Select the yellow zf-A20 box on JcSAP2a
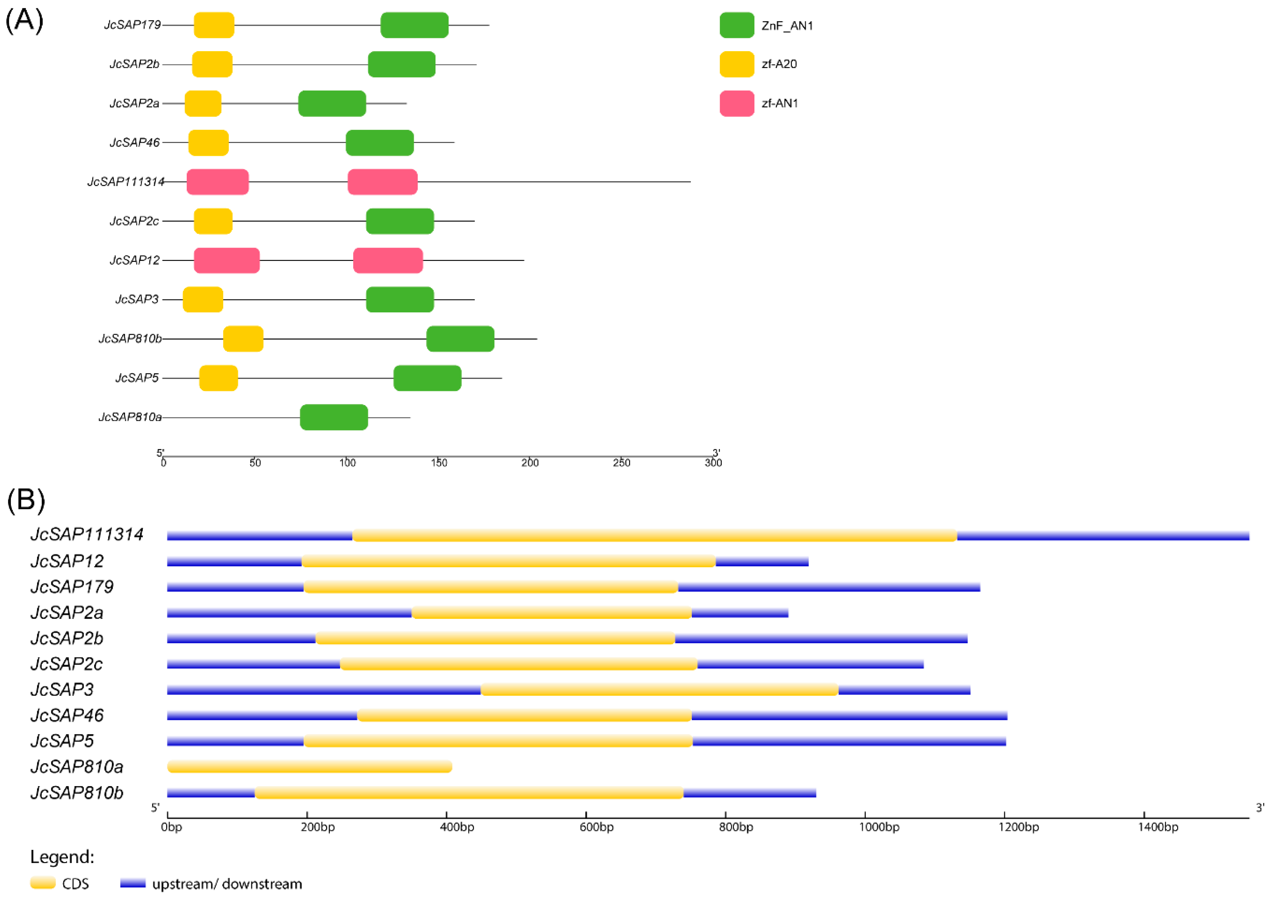(203, 103)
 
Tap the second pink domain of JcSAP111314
(382, 182)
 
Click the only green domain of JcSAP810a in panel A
(334, 417)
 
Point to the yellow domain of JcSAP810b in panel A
(243, 338)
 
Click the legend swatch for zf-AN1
(736, 103)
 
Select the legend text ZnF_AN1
(787, 25)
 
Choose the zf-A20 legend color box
(736, 64)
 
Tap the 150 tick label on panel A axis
(439, 463)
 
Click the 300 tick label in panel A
(713, 463)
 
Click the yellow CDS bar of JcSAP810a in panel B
(310, 767)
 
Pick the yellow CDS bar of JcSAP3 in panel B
(659, 690)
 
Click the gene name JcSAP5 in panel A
(137, 378)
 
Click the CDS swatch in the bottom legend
(43, 883)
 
